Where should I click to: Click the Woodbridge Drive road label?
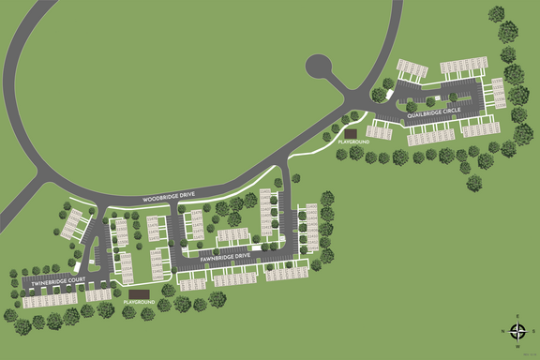pos(170,200)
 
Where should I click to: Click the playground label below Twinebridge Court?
pos(138,302)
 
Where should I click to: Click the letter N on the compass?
pos(503,332)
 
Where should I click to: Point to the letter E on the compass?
pos(517,317)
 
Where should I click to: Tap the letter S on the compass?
pos(532,332)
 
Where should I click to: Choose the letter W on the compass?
pos(517,346)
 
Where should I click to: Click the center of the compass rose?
pos(517,332)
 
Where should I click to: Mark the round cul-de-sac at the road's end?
pos(320,67)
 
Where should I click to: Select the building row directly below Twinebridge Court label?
pos(52,299)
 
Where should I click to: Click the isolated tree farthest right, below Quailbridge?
pos(473,183)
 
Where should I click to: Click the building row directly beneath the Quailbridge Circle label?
pos(430,137)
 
